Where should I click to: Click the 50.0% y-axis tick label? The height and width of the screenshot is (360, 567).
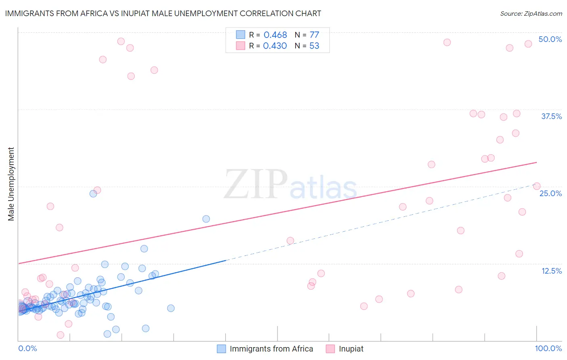(x=550, y=39)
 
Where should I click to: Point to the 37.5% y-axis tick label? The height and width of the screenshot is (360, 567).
(x=551, y=116)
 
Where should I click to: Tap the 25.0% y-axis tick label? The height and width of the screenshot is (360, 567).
(x=550, y=193)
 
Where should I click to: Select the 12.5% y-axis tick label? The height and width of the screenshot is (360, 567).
(x=551, y=271)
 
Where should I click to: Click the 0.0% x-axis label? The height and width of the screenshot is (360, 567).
(x=27, y=348)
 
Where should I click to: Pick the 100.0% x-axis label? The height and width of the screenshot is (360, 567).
(x=548, y=348)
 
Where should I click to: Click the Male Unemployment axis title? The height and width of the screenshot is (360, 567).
(x=11, y=184)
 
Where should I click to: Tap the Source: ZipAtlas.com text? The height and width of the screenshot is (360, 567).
(x=531, y=13)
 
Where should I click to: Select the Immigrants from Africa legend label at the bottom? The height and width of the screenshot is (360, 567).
(x=271, y=349)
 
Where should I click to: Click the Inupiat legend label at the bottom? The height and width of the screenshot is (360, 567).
(x=351, y=349)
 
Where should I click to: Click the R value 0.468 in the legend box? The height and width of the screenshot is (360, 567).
(x=275, y=35)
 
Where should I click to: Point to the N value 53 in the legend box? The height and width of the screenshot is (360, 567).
(x=314, y=46)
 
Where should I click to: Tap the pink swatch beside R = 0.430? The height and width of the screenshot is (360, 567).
(x=240, y=46)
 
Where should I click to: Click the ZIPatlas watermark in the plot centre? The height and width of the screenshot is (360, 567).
(x=290, y=184)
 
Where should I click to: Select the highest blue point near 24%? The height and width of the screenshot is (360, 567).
(x=93, y=193)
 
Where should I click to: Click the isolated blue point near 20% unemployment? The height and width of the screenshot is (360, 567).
(x=206, y=219)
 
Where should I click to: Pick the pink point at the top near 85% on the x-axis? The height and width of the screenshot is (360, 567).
(x=447, y=42)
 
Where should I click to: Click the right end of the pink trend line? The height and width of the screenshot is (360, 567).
(x=536, y=162)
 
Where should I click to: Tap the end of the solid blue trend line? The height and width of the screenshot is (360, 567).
(x=226, y=260)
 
